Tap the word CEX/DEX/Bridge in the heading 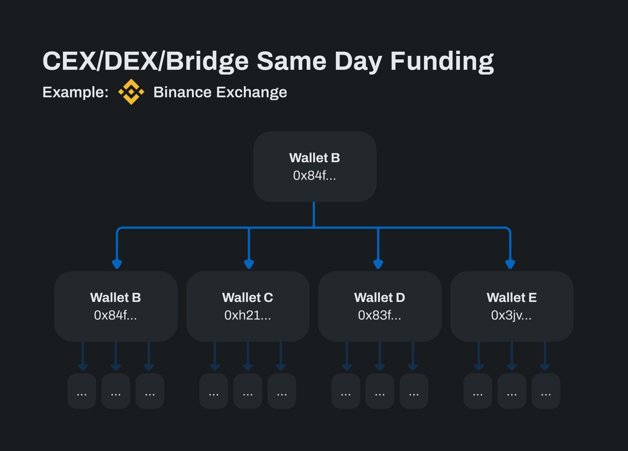[x=145, y=62]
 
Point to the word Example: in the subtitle [x=75, y=93]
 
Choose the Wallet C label [x=248, y=298]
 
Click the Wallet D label [x=379, y=298]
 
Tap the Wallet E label [x=511, y=298]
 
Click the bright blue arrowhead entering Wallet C [x=249, y=264]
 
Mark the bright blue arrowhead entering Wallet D [x=378, y=264]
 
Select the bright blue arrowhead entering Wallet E [x=509, y=264]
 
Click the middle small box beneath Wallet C [x=248, y=391]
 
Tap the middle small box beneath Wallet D [x=379, y=391]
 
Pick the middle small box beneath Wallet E [x=512, y=391]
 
